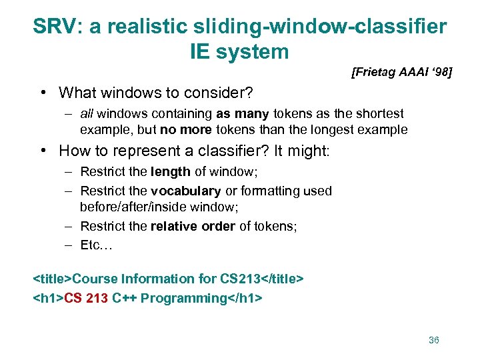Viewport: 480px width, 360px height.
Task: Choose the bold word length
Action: click(x=171, y=172)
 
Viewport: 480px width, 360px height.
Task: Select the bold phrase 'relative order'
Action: click(x=193, y=226)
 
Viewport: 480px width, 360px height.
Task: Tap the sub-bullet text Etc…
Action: click(x=97, y=245)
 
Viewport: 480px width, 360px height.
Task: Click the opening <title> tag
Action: click(x=53, y=279)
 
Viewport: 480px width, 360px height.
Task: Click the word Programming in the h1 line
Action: click(x=185, y=297)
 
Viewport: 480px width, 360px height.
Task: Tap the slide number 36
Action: click(x=433, y=340)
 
